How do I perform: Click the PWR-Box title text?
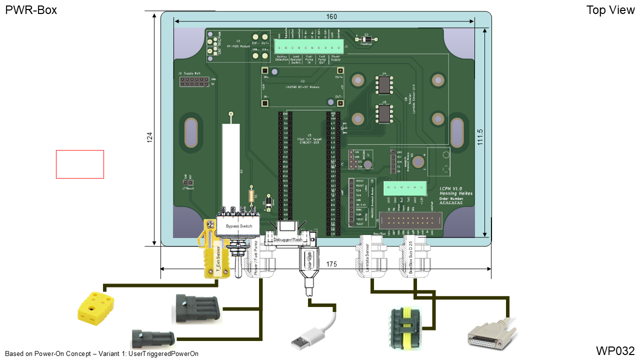(31, 10)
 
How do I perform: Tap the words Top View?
(610, 10)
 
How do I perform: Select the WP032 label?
(615, 350)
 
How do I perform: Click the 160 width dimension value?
(331, 17)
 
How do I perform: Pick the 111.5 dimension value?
(480, 136)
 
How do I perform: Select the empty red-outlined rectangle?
(80, 164)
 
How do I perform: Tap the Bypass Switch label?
(239, 226)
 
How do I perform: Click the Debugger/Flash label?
(288, 240)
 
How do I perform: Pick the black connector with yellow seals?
(406, 327)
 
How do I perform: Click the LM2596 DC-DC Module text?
(302, 86)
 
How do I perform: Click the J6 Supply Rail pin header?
(194, 82)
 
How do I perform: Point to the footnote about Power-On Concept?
(101, 353)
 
